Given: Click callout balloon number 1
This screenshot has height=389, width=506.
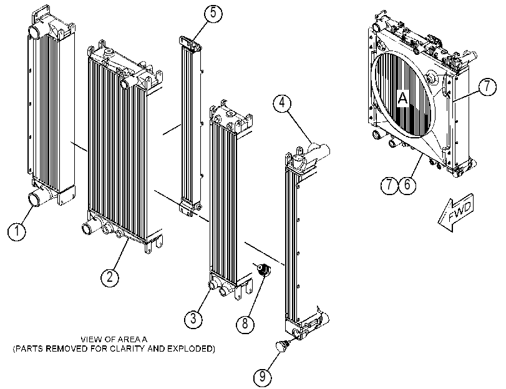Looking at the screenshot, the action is (x=17, y=231).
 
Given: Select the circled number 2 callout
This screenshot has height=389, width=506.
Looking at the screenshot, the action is (x=110, y=277).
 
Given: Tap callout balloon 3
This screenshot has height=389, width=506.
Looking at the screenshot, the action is (x=193, y=319).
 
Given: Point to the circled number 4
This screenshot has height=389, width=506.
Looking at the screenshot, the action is (x=282, y=103).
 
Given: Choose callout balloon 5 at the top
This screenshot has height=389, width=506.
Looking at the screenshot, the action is (x=213, y=13).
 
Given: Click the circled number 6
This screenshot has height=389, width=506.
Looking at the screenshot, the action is (x=407, y=185).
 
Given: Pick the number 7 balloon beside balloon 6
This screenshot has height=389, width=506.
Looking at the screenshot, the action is (x=389, y=185).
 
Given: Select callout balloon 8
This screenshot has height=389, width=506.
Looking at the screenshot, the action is (x=245, y=323).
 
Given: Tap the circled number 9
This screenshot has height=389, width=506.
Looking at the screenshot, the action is (x=262, y=377).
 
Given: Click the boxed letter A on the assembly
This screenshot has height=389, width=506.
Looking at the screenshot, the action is (x=403, y=98).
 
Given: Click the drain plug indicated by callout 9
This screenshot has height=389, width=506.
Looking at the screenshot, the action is (x=282, y=346).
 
